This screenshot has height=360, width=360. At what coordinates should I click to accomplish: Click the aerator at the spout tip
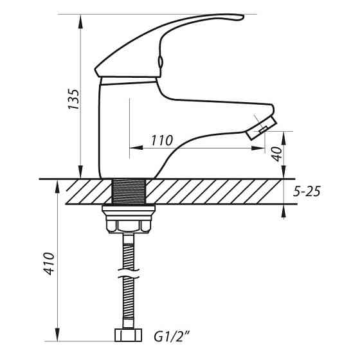click(x=262, y=125)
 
